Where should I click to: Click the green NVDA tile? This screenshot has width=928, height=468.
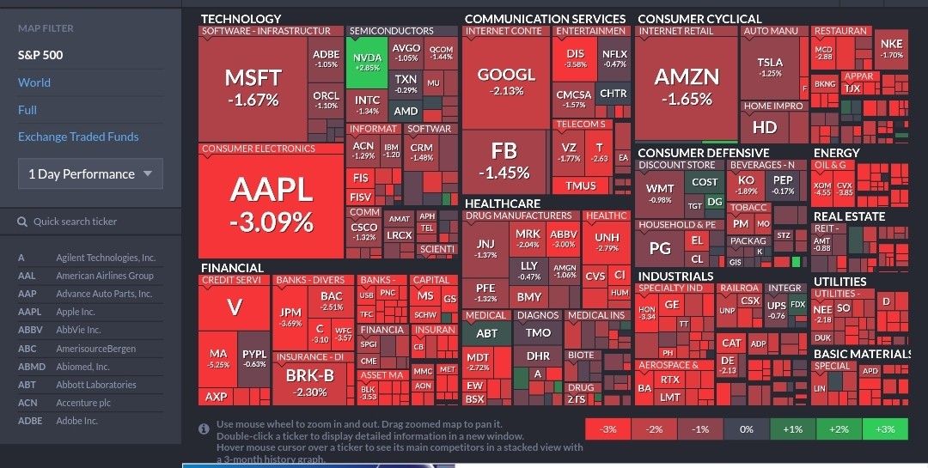[367, 62]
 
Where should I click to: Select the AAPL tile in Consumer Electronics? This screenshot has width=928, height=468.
[271, 204]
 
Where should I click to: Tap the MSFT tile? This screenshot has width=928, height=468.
[253, 88]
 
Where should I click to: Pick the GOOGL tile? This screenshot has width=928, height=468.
[506, 81]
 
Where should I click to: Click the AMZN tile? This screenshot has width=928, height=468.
[687, 86]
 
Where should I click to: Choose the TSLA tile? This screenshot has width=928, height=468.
[770, 67]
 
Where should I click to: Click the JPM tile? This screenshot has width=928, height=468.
[291, 317]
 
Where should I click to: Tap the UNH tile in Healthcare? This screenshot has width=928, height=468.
[607, 241]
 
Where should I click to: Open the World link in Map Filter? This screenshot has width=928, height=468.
[34, 82]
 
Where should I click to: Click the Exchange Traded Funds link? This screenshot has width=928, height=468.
[78, 137]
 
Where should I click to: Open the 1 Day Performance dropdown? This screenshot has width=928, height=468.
[90, 173]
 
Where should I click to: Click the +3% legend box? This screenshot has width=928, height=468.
[885, 428]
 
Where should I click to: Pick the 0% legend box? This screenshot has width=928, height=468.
[746, 428]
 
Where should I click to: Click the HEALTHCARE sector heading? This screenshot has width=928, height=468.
[502, 204]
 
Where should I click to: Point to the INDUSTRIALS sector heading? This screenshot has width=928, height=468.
[675, 276]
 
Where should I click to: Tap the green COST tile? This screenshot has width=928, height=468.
[705, 182]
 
